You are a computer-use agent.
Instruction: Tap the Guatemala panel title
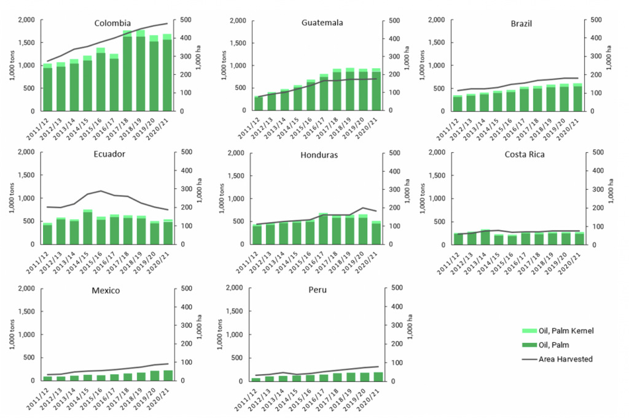(322, 23)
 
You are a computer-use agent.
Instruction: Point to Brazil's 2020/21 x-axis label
(578, 125)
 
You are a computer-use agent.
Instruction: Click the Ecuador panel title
(111, 154)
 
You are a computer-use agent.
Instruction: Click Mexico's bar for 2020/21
(168, 375)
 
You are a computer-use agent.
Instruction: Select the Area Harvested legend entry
(565, 359)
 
